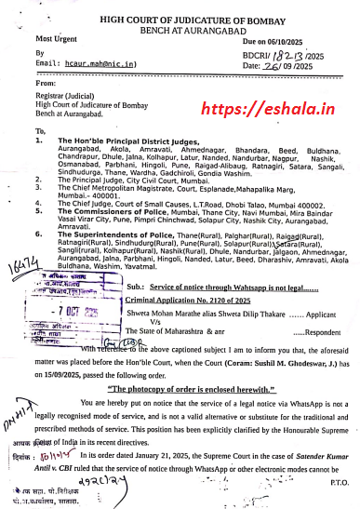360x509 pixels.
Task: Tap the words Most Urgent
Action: click(57, 39)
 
